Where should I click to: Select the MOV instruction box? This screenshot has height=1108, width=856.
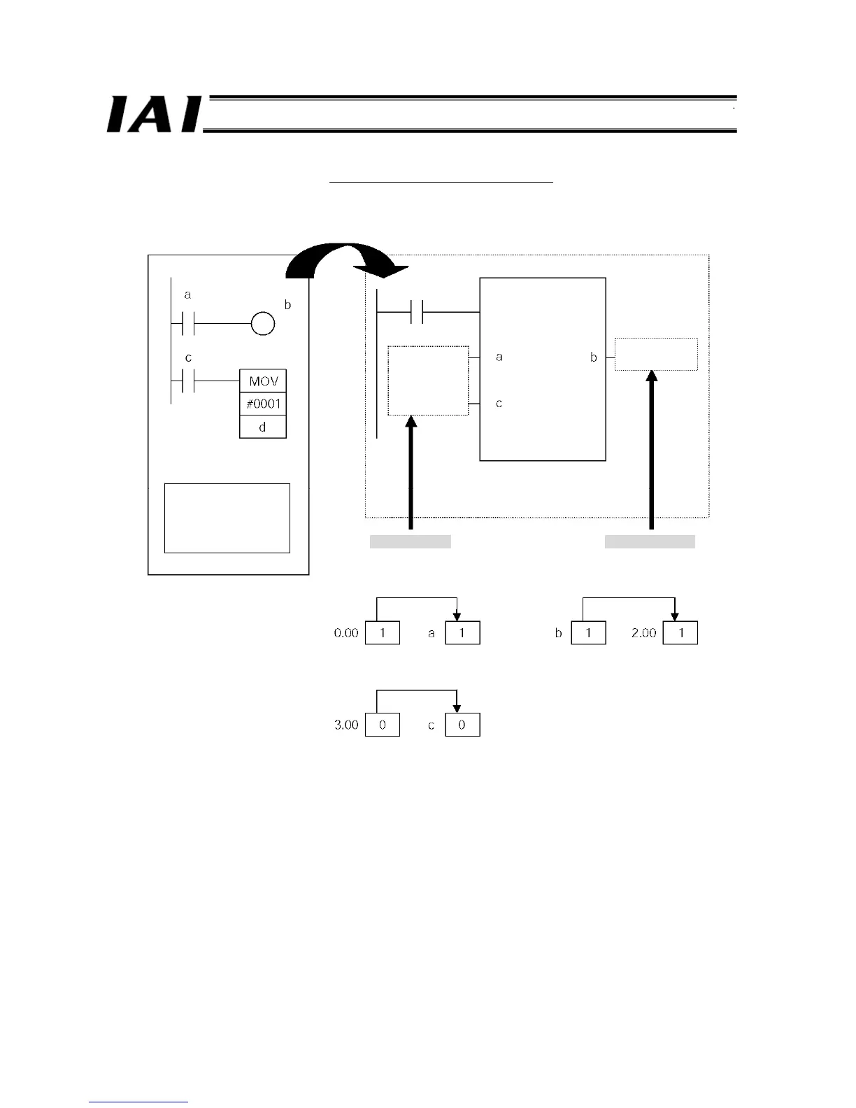(x=263, y=381)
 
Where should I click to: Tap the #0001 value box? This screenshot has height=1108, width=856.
(x=263, y=404)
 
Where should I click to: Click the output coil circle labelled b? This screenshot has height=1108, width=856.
(x=263, y=324)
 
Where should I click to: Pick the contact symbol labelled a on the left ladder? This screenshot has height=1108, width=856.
(x=187, y=324)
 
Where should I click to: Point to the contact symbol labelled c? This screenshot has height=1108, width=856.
(x=187, y=381)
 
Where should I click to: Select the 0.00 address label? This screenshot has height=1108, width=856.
(x=346, y=633)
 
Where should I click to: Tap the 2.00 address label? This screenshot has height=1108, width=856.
(x=643, y=633)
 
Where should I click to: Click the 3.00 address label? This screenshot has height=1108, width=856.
(x=346, y=725)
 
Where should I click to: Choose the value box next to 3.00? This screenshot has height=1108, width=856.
(x=383, y=725)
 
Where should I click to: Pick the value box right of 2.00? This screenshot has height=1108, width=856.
(x=680, y=633)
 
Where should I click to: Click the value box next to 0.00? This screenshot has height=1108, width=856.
(x=383, y=633)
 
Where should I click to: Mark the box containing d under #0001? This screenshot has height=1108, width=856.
(x=263, y=427)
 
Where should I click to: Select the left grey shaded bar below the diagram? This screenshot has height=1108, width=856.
(x=410, y=541)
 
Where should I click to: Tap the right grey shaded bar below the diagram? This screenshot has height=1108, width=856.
(x=650, y=541)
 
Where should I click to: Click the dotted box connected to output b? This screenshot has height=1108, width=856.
(x=656, y=354)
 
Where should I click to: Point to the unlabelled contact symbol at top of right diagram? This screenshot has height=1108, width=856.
(x=418, y=312)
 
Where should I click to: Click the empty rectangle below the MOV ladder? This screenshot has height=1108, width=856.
(x=227, y=518)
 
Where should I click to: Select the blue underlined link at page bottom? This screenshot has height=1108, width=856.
(x=138, y=1102)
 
